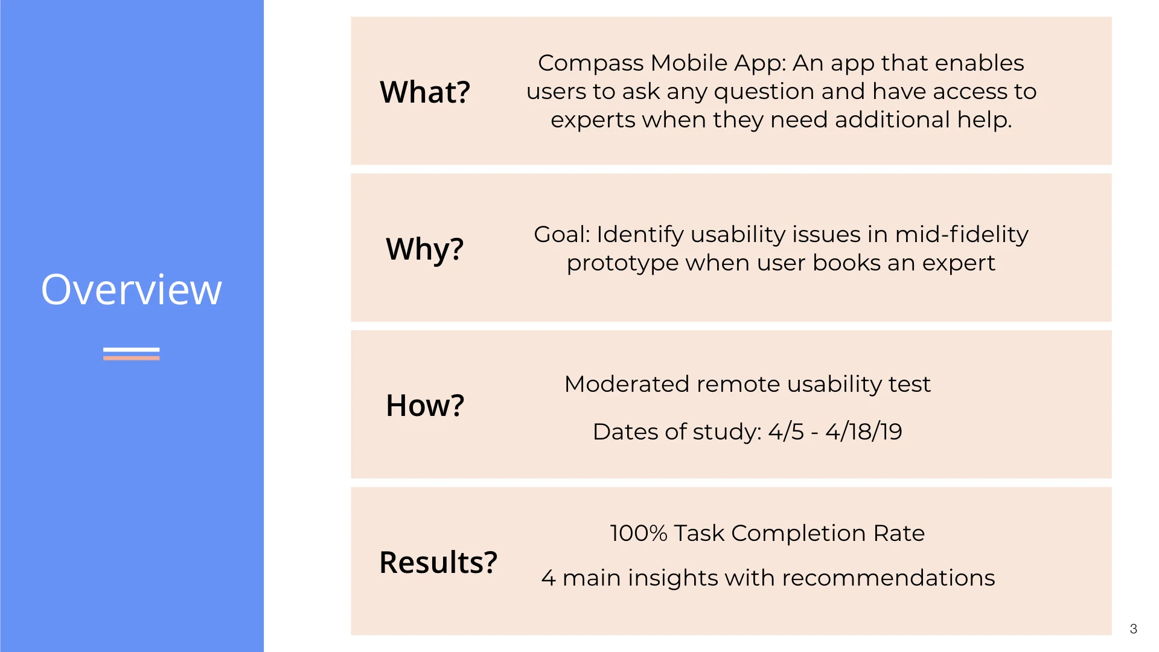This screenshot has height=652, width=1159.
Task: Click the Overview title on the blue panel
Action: (x=131, y=290)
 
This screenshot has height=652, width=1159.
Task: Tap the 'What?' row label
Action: (x=424, y=92)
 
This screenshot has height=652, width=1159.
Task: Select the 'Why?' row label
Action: (x=424, y=249)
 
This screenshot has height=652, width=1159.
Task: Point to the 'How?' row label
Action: (x=425, y=405)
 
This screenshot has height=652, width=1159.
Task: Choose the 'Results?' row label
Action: (x=438, y=562)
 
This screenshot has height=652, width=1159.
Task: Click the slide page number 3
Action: (x=1133, y=629)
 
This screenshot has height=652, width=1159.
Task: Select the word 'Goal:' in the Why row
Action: (x=561, y=234)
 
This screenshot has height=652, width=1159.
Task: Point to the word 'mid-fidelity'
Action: (x=961, y=234)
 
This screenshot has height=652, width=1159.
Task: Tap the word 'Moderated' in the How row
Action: (x=627, y=384)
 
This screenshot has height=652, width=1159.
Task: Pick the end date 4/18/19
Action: (x=863, y=432)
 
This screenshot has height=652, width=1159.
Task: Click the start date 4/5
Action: (x=786, y=432)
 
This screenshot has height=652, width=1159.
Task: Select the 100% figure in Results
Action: (x=638, y=533)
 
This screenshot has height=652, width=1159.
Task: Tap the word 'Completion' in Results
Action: (x=798, y=533)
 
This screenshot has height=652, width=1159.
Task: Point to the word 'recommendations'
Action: (x=888, y=578)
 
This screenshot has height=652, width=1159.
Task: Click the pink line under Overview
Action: (x=131, y=357)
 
